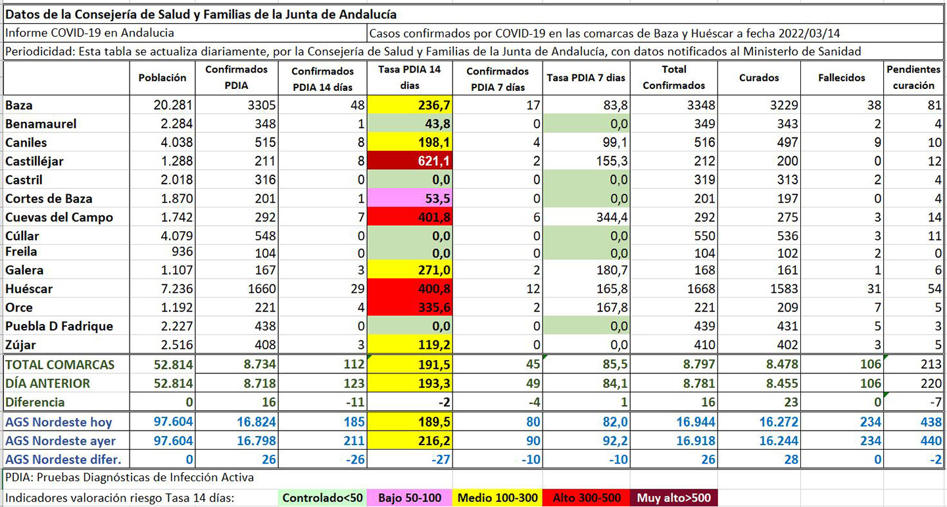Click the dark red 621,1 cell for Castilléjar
click(410, 161)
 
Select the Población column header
click(162, 77)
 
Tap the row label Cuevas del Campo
click(59, 217)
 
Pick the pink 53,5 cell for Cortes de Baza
click(410, 199)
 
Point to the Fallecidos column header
click(842, 77)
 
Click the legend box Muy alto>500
click(673, 498)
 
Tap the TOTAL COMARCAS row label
click(60, 365)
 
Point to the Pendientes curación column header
click(913, 77)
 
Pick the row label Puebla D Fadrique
click(59, 326)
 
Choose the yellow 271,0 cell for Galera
click(410, 270)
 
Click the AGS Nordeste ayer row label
click(61, 441)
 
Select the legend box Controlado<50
click(322, 498)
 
